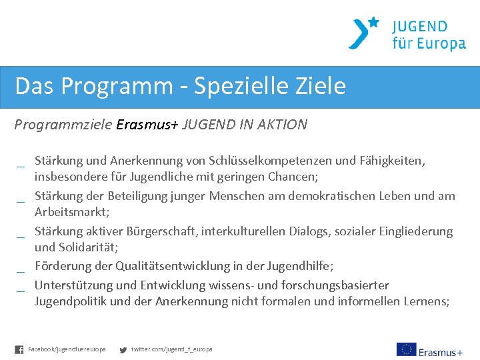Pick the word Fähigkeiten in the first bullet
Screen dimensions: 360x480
click(393, 161)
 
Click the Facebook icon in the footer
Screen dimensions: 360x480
click(19, 349)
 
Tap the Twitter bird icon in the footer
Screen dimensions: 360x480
click(123, 349)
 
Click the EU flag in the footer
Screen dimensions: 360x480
click(406, 349)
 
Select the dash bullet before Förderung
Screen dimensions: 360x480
click(21, 270)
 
